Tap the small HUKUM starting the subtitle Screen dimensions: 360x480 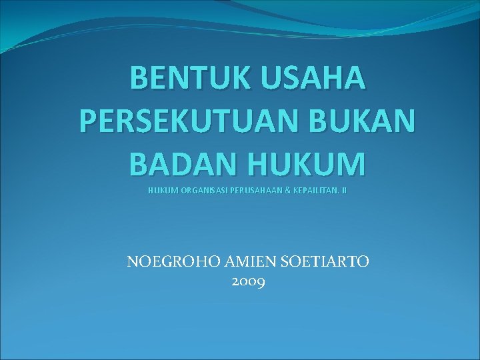(160, 191)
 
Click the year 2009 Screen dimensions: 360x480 (249, 282)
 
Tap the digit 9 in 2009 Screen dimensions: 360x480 (261, 283)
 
